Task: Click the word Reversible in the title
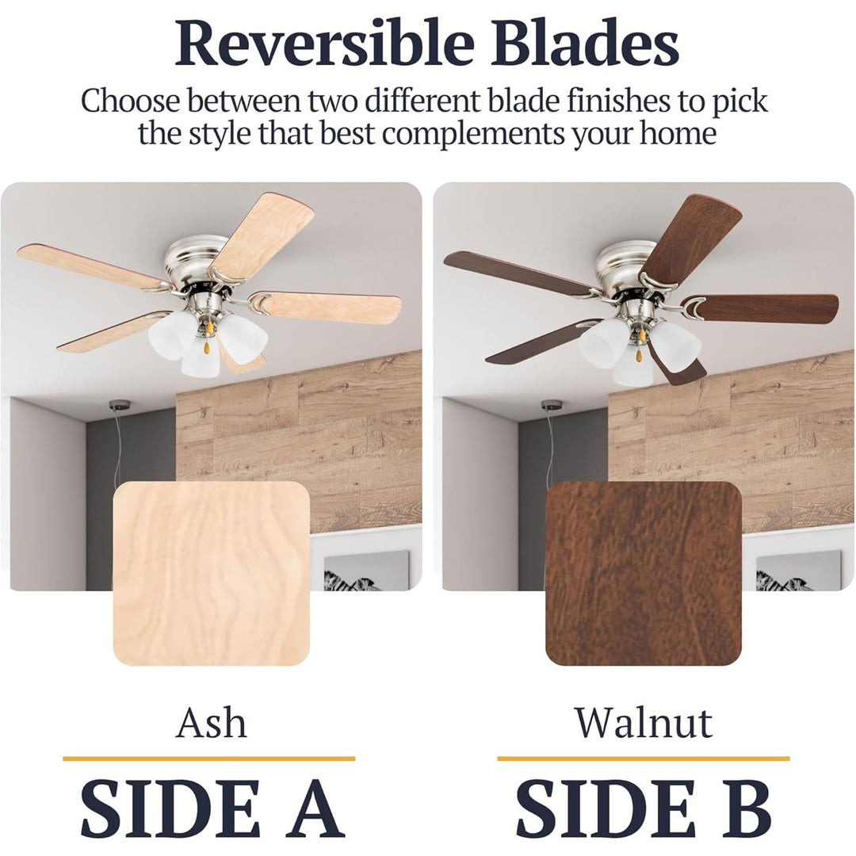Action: [x=324, y=43]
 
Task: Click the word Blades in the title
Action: [x=584, y=43]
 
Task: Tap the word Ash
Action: [x=211, y=722]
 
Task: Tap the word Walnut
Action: [x=644, y=722]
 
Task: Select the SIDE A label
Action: [x=212, y=808]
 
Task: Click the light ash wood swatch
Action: [x=212, y=573]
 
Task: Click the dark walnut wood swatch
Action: [x=644, y=573]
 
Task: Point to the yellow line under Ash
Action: [x=209, y=759]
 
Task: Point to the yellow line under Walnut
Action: [x=643, y=759]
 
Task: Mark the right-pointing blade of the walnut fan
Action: [x=764, y=308]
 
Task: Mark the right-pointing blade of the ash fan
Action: [x=327, y=308]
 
